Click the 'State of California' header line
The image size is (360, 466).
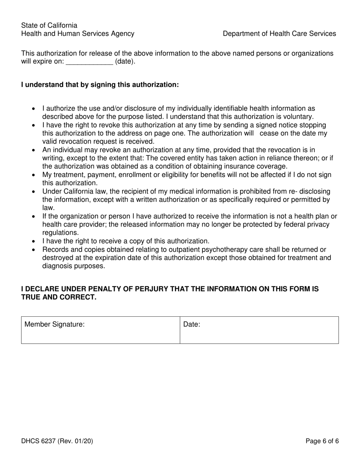pyautogui.click(x=49, y=25)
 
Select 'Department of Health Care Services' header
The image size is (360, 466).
pyautogui.click(x=279, y=34)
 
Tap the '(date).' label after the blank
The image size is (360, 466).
pyautogui.click(x=125, y=62)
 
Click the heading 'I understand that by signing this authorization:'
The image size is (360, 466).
pyautogui.click(x=100, y=85)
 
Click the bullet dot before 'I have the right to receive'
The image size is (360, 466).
pyautogui.click(x=34, y=241)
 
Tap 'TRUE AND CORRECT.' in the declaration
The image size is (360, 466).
pyautogui.click(x=59, y=297)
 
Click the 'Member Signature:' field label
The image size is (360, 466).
pyautogui.click(x=54, y=325)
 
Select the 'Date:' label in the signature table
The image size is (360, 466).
pyautogui.click(x=192, y=325)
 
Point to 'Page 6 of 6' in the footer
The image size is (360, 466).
pyautogui.click(x=322, y=441)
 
